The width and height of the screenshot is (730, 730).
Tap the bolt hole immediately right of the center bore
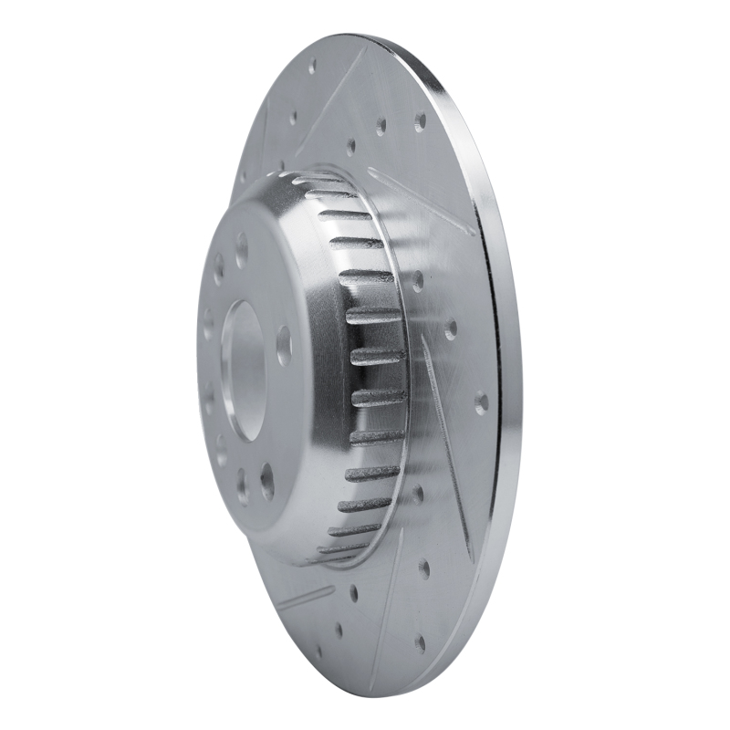click(x=284, y=345)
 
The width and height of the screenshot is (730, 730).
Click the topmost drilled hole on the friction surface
click(x=312, y=67)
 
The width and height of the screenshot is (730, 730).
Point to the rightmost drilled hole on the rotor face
click(x=481, y=401)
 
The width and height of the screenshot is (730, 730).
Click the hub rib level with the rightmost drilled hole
click(x=378, y=397)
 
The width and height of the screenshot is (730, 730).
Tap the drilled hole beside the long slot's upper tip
click(x=450, y=328)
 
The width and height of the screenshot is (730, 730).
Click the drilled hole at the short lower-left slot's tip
click(x=353, y=593)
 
